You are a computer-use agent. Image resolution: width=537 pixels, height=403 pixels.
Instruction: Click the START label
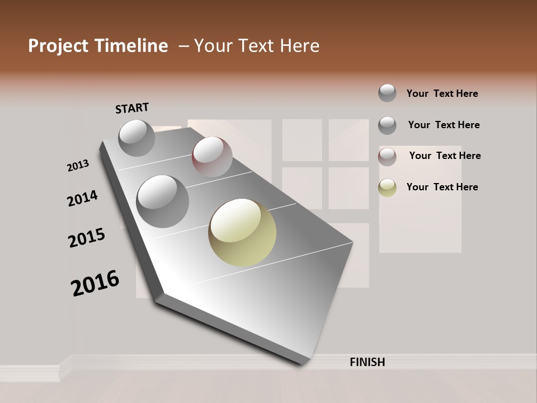pyautogui.click(x=132, y=108)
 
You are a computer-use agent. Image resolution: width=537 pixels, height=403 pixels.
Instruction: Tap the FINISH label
pyautogui.click(x=367, y=362)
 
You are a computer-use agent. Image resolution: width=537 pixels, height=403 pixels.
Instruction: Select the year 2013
pyautogui.click(x=78, y=165)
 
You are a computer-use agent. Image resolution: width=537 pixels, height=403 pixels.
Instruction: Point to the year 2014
pyautogui.click(x=82, y=199)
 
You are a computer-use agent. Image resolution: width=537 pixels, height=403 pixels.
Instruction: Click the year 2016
pyautogui.click(x=95, y=283)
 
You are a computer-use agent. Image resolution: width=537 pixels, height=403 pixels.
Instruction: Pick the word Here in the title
pyautogui.click(x=300, y=46)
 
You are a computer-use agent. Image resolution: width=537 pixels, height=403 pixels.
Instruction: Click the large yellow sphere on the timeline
pyautogui.click(x=242, y=232)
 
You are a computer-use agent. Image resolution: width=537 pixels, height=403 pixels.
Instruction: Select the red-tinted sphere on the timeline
pyautogui.click(x=212, y=157)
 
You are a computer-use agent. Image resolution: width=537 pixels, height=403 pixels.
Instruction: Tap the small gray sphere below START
pyautogui.click(x=136, y=138)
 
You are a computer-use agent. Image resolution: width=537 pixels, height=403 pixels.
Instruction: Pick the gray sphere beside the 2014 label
pyautogui.click(x=163, y=201)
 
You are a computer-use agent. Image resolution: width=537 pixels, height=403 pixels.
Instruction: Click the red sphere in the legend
pyautogui.click(x=387, y=157)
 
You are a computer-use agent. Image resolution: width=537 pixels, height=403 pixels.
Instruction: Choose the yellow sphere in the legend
pyautogui.click(x=387, y=188)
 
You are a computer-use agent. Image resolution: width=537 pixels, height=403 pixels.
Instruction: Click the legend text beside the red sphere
pyautogui.click(x=445, y=156)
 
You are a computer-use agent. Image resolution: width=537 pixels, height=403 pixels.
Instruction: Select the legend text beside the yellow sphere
pyautogui.click(x=442, y=187)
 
